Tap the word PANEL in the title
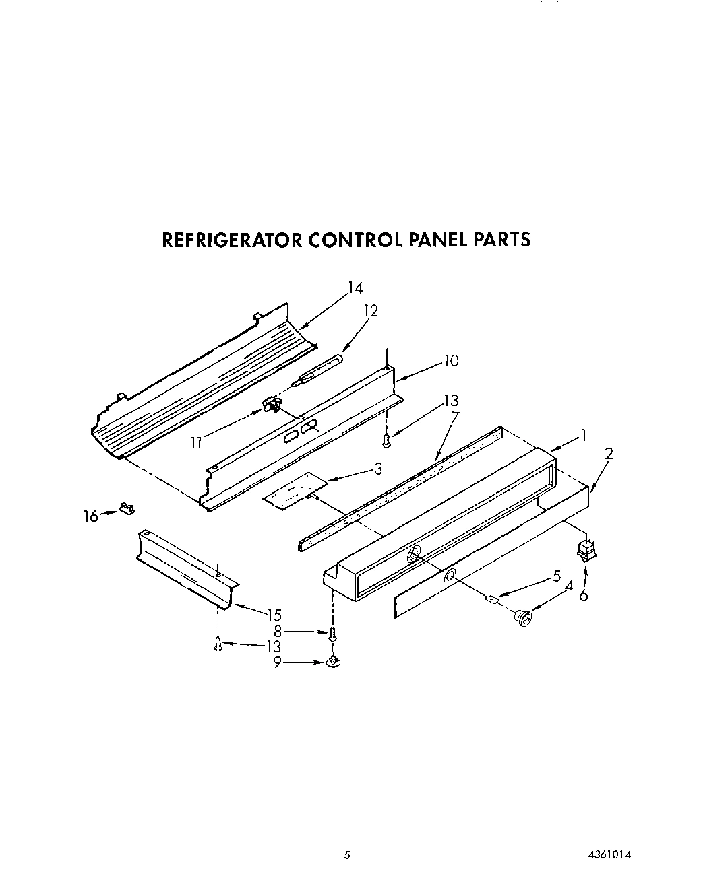click(x=439, y=240)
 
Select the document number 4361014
click(x=609, y=856)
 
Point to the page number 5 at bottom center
click(x=347, y=856)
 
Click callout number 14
click(x=355, y=288)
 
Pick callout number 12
click(x=370, y=311)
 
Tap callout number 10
click(x=450, y=361)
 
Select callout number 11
click(x=196, y=442)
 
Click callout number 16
click(x=89, y=516)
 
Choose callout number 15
click(x=274, y=615)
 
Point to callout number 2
click(x=609, y=454)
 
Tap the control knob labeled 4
click(x=520, y=616)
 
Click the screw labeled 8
click(x=332, y=633)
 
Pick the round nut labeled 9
click(x=332, y=663)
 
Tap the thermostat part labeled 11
click(x=272, y=405)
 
